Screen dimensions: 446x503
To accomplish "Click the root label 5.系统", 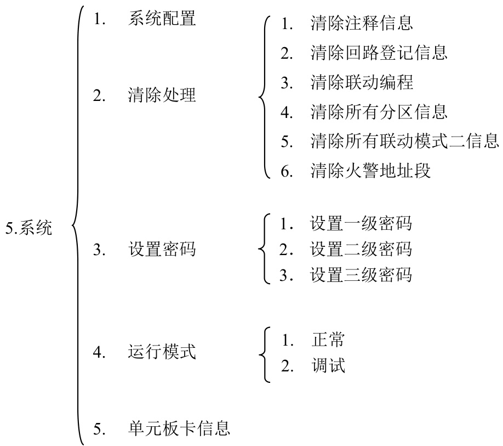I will [29, 229].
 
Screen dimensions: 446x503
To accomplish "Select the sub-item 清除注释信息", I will [361, 24].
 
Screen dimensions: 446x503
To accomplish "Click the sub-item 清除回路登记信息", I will [379, 53].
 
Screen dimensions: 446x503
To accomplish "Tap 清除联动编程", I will [361, 83].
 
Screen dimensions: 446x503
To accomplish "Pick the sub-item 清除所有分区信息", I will [379, 112].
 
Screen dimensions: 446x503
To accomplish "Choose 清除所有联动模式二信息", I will [404, 142].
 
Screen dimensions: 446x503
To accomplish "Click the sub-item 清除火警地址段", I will [370, 171].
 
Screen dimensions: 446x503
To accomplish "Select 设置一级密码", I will [361, 224].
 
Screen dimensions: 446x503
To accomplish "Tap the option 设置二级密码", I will [361, 250].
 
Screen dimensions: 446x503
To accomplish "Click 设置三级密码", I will [361, 275].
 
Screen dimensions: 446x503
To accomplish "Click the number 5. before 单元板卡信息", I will [99, 428].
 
